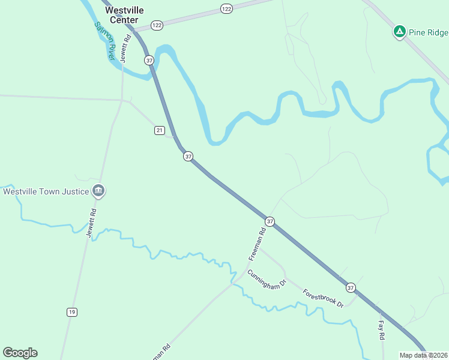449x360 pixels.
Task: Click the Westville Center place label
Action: tap(124, 15)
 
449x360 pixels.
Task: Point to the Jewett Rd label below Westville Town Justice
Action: tap(92, 223)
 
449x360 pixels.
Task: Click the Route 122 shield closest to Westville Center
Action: tap(157, 25)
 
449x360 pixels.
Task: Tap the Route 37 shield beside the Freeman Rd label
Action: tap(270, 221)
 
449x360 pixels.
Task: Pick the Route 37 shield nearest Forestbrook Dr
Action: tap(351, 288)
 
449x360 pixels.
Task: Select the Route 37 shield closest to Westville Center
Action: tap(149, 60)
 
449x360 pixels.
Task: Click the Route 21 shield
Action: tap(159, 130)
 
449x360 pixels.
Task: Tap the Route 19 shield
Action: tap(72, 312)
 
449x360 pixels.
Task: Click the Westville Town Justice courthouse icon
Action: tap(99, 191)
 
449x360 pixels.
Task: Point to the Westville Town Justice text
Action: tap(46, 192)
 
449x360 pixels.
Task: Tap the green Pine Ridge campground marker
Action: tap(399, 31)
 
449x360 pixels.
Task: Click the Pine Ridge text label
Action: tap(429, 32)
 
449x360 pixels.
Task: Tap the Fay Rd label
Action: tap(381, 330)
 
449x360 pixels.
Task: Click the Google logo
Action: tap(20, 353)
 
